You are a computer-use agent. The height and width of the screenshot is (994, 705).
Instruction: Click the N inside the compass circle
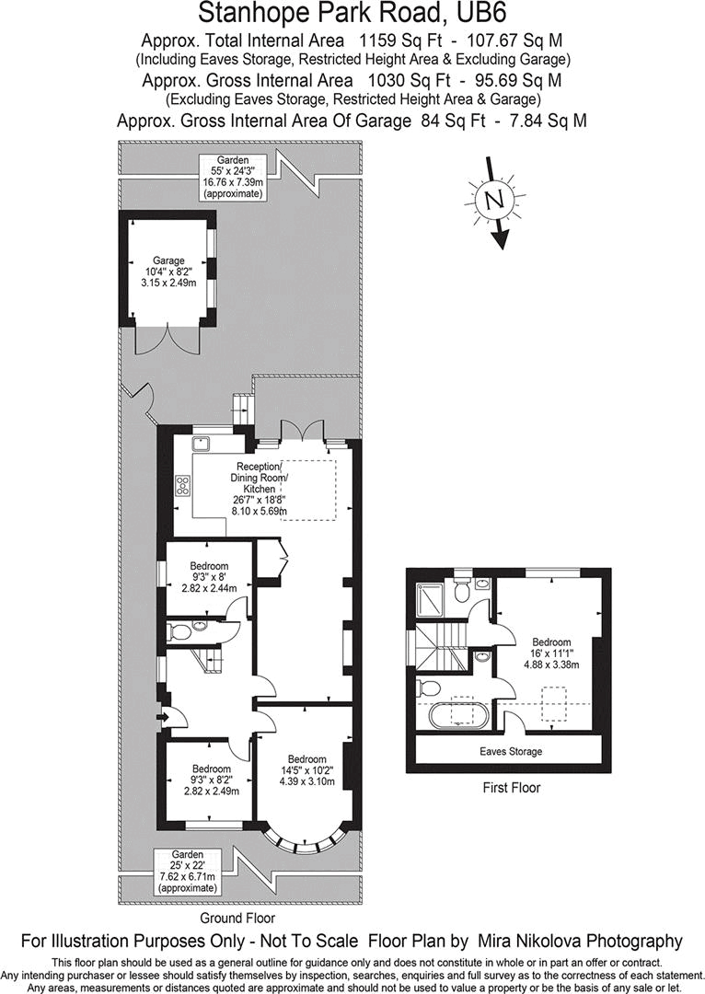[494, 200]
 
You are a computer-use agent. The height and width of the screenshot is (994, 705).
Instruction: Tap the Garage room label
[168, 260]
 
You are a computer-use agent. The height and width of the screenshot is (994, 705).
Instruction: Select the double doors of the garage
[167, 340]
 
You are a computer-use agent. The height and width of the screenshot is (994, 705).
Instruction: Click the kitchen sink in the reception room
[202, 444]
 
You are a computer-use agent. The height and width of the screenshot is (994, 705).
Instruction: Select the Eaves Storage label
[511, 752]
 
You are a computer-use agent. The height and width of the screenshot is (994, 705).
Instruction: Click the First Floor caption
[511, 788]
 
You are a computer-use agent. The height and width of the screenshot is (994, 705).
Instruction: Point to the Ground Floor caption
[237, 918]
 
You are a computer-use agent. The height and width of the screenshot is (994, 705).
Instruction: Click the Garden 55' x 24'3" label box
[232, 177]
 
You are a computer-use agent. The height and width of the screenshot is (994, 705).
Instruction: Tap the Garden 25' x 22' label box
[187, 872]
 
